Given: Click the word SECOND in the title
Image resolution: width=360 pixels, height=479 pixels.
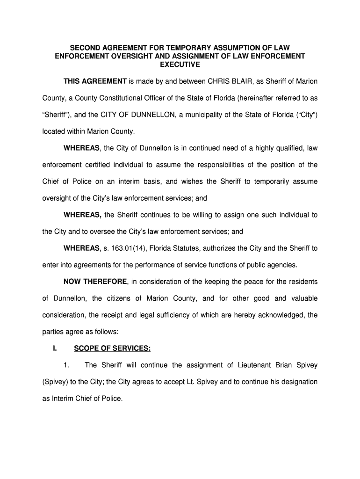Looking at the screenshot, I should [84, 48].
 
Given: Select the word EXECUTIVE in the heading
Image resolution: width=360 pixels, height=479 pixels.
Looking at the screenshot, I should [180, 65].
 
